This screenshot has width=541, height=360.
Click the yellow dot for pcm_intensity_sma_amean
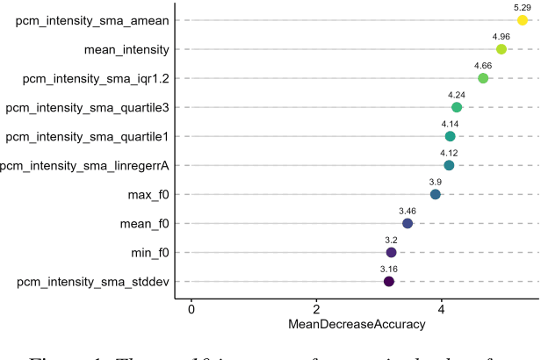pos(522,20)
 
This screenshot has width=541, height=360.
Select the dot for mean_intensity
pos(501,49)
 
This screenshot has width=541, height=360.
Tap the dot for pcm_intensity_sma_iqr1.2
pos(483,78)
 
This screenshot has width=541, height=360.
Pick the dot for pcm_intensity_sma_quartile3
pos(457,107)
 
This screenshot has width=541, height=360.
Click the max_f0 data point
pos(436,194)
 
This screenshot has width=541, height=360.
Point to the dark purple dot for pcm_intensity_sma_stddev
pos(389,281)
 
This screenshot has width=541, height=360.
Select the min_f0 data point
pos(392,252)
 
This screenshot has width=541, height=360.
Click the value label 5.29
pos(522,7)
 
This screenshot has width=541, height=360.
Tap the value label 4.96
pos(501,36)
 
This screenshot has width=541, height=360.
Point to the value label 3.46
pos(408,211)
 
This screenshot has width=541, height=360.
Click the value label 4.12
pos(449,153)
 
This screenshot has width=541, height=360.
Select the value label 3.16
pos(389,268)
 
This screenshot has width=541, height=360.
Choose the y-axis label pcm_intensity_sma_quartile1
pos(88,136)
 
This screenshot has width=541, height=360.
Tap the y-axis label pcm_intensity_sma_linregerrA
pos(85,165)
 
